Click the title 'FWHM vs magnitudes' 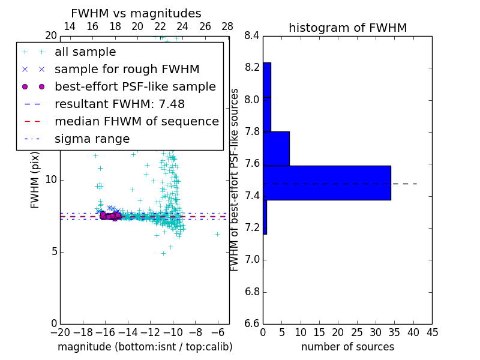[136, 14]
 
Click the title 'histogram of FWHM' [347, 28]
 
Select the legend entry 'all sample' [85, 52]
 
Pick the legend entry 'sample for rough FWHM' [127, 70]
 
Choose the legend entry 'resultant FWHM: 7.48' [119, 104]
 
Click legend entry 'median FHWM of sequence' [136, 122]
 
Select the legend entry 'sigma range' [92, 139]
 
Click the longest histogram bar [327, 183]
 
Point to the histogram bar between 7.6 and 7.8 [276, 148]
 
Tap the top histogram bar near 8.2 [267, 80]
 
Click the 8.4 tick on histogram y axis [252, 35]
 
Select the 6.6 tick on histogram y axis [252, 323]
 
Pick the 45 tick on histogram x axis [432, 332]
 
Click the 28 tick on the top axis [227, 26]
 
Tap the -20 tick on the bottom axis [60, 332]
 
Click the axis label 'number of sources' [347, 347]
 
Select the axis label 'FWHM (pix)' [35, 181]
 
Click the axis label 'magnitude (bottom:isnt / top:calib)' [145, 347]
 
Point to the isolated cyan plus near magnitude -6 [217, 234]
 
